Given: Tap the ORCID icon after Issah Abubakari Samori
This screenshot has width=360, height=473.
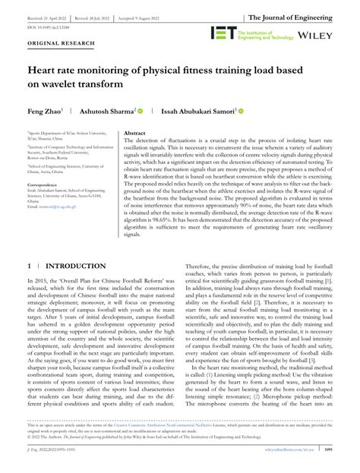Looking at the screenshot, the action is click(x=239, y=111).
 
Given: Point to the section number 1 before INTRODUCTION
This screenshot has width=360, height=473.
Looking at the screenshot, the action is click(x=30, y=267).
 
